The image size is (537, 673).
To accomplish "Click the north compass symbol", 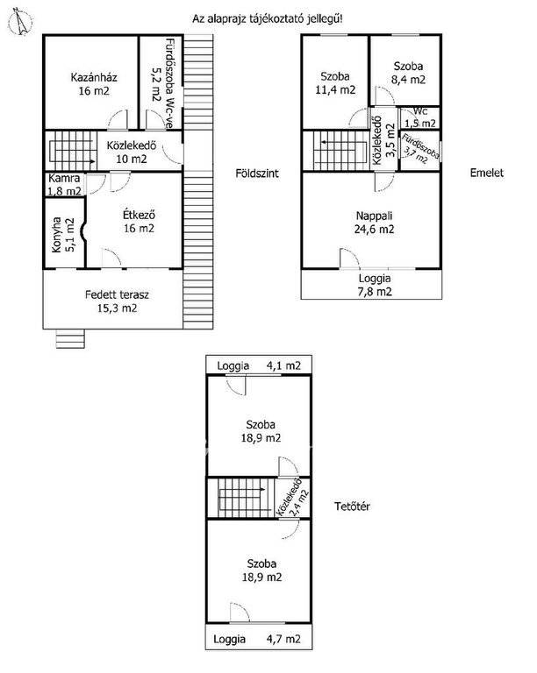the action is tap(21, 22).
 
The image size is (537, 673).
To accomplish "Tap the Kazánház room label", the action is tap(94, 84).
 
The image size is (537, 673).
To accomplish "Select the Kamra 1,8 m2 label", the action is tap(64, 185).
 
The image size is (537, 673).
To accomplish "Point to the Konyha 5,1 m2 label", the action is tap(63, 234).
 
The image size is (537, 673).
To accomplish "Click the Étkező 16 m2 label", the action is tap(139, 222).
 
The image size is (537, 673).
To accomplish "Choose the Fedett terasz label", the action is tap(117, 294).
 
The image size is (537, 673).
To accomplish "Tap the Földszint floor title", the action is tap(257, 174).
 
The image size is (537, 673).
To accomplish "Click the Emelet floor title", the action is tap(486, 173).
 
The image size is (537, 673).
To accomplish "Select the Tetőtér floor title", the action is tap(352, 507).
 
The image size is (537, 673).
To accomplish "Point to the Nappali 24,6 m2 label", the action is tap(374, 223).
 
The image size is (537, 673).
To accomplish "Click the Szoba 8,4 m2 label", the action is tap(408, 73).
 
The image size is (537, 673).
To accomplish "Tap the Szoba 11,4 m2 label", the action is tap(335, 83).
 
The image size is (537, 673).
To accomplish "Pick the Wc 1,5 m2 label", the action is tap(420, 117).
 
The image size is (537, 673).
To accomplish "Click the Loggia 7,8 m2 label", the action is tap(375, 285).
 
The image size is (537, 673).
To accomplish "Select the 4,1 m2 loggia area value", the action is tap(283, 365).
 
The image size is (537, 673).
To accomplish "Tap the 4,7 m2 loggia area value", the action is tap(283, 639).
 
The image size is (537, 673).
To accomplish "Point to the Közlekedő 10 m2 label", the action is tap(132, 152).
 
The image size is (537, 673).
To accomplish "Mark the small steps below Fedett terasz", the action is tap(70, 338).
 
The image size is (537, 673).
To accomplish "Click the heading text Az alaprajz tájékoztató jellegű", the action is tap(268, 19).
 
